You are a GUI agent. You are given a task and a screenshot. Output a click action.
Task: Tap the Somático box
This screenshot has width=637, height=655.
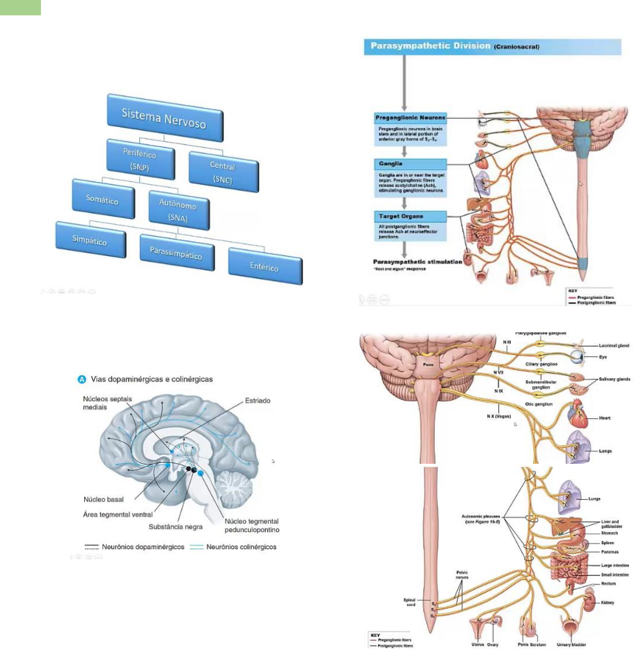pyautogui.click(x=102, y=199)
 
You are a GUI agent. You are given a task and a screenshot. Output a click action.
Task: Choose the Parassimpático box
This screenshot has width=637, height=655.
pyautogui.click(x=176, y=253)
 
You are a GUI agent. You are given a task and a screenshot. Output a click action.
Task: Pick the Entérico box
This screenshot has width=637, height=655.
pyautogui.click(x=264, y=266)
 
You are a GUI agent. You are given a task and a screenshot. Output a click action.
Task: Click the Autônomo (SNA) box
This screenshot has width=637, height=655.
pyautogui.click(x=178, y=211)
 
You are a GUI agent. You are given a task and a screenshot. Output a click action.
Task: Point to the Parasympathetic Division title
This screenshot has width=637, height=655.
pyautogui.click(x=431, y=46)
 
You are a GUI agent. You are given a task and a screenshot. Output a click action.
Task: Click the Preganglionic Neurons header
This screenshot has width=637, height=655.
pyautogui.click(x=410, y=118)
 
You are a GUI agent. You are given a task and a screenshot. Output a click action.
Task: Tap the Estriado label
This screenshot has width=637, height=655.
pyautogui.click(x=257, y=401)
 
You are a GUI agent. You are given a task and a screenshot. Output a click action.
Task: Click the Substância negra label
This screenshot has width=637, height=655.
pyautogui.click(x=175, y=527)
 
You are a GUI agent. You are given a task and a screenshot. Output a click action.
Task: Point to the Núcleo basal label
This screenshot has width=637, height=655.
pyautogui.click(x=104, y=500)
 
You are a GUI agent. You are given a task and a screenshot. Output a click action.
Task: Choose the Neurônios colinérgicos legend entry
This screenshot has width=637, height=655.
pyautogui.click(x=241, y=547)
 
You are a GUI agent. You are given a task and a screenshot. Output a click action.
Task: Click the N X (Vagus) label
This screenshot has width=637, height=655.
pyautogui.click(x=499, y=417)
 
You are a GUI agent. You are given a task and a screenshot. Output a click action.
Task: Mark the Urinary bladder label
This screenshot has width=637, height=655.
pyautogui.click(x=572, y=645)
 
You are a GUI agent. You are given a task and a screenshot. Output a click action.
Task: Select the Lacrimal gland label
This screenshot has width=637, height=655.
pyautogui.click(x=614, y=345)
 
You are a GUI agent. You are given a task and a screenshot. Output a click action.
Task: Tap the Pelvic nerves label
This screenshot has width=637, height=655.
pyautogui.click(x=462, y=575)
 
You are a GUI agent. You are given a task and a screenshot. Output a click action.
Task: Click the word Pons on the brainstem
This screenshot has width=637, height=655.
pyautogui.click(x=428, y=364)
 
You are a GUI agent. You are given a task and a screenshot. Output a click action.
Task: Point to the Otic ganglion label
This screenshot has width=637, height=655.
pyautogui.click(x=539, y=404)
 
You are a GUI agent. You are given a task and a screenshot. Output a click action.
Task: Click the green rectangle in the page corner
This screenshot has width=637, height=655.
pyautogui.click(x=20, y=7)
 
